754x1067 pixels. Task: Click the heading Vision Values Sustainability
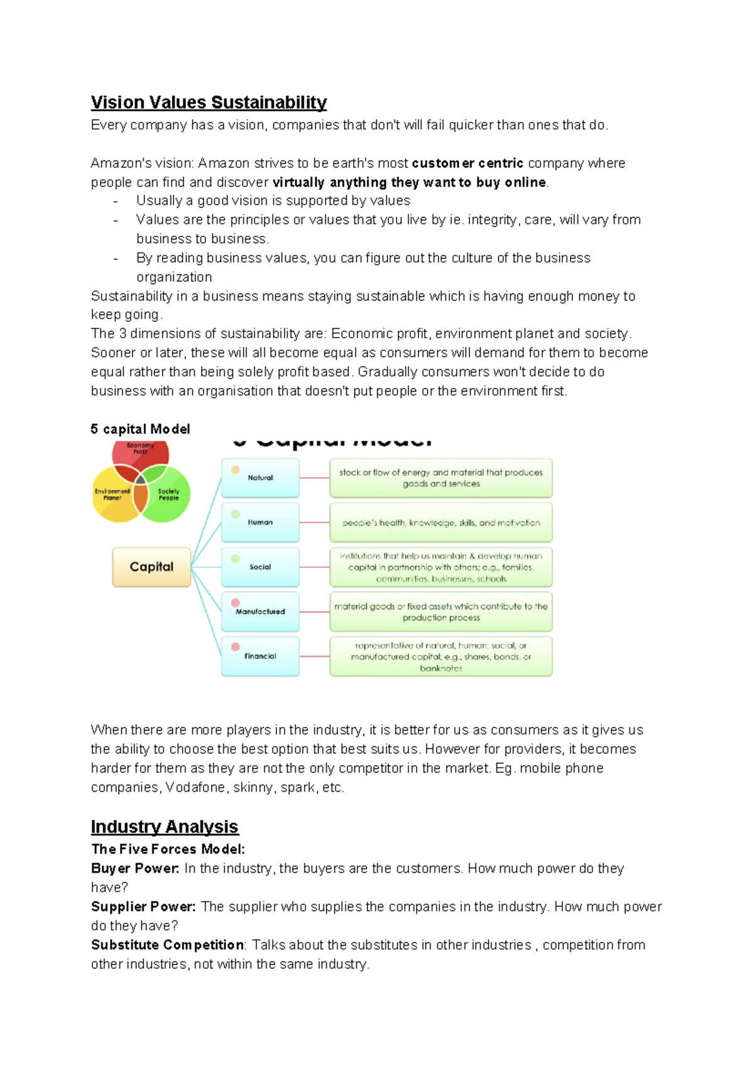(x=209, y=102)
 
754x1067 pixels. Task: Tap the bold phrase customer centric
(x=467, y=163)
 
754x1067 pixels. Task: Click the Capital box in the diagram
(x=151, y=567)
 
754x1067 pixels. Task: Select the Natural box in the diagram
(x=260, y=478)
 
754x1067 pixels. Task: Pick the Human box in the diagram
(x=260, y=522)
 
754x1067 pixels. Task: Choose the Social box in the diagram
(x=260, y=567)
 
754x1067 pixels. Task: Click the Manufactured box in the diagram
(x=260, y=611)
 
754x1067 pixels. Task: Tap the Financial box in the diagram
(x=260, y=656)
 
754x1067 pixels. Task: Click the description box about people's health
(x=440, y=522)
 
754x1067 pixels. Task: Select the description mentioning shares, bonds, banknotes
(x=440, y=656)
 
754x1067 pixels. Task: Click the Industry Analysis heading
(x=165, y=826)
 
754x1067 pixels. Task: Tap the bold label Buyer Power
(x=135, y=868)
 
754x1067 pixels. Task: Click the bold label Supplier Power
(x=143, y=907)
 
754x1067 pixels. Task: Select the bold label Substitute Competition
(x=168, y=945)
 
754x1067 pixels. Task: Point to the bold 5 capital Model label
(x=140, y=429)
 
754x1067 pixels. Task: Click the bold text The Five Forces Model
(x=168, y=849)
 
